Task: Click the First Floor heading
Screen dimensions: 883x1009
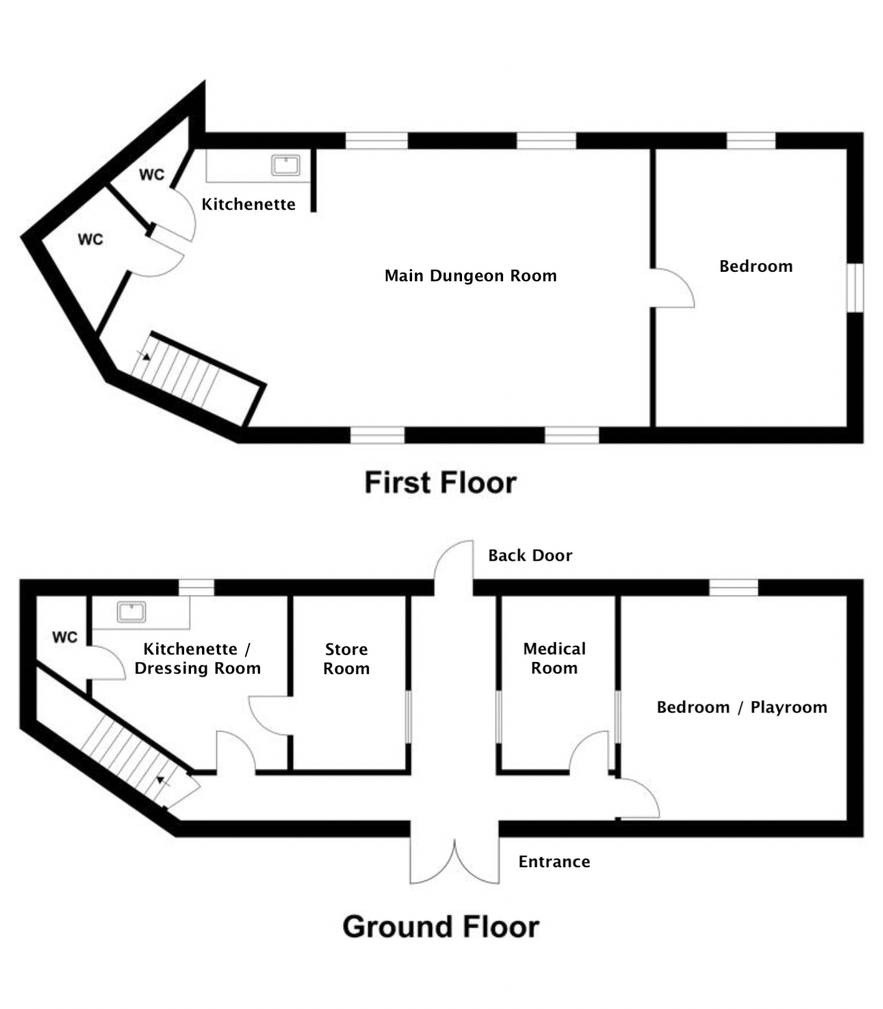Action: (x=440, y=483)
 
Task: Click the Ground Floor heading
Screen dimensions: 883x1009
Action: (x=441, y=927)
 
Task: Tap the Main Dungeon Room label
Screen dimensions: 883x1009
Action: (x=470, y=276)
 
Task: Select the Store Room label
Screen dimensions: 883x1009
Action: (x=346, y=659)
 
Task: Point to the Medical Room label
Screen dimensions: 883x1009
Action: (x=554, y=658)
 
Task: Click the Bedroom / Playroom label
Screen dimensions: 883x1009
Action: (x=741, y=707)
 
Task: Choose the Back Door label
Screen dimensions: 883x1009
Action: (x=530, y=555)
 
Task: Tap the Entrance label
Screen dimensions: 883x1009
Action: (x=554, y=862)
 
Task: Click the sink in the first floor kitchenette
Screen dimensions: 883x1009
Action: (x=285, y=165)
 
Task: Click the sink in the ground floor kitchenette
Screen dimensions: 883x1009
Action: (x=131, y=612)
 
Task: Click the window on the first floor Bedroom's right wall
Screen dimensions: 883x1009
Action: (x=856, y=288)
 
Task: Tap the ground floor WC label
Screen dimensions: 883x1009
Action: (x=64, y=637)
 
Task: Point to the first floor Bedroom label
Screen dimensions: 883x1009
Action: (x=756, y=266)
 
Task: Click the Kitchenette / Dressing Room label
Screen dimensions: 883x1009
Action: (x=197, y=659)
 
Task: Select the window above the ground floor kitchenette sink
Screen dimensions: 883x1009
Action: (x=196, y=587)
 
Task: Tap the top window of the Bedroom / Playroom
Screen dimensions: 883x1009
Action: (x=734, y=587)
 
